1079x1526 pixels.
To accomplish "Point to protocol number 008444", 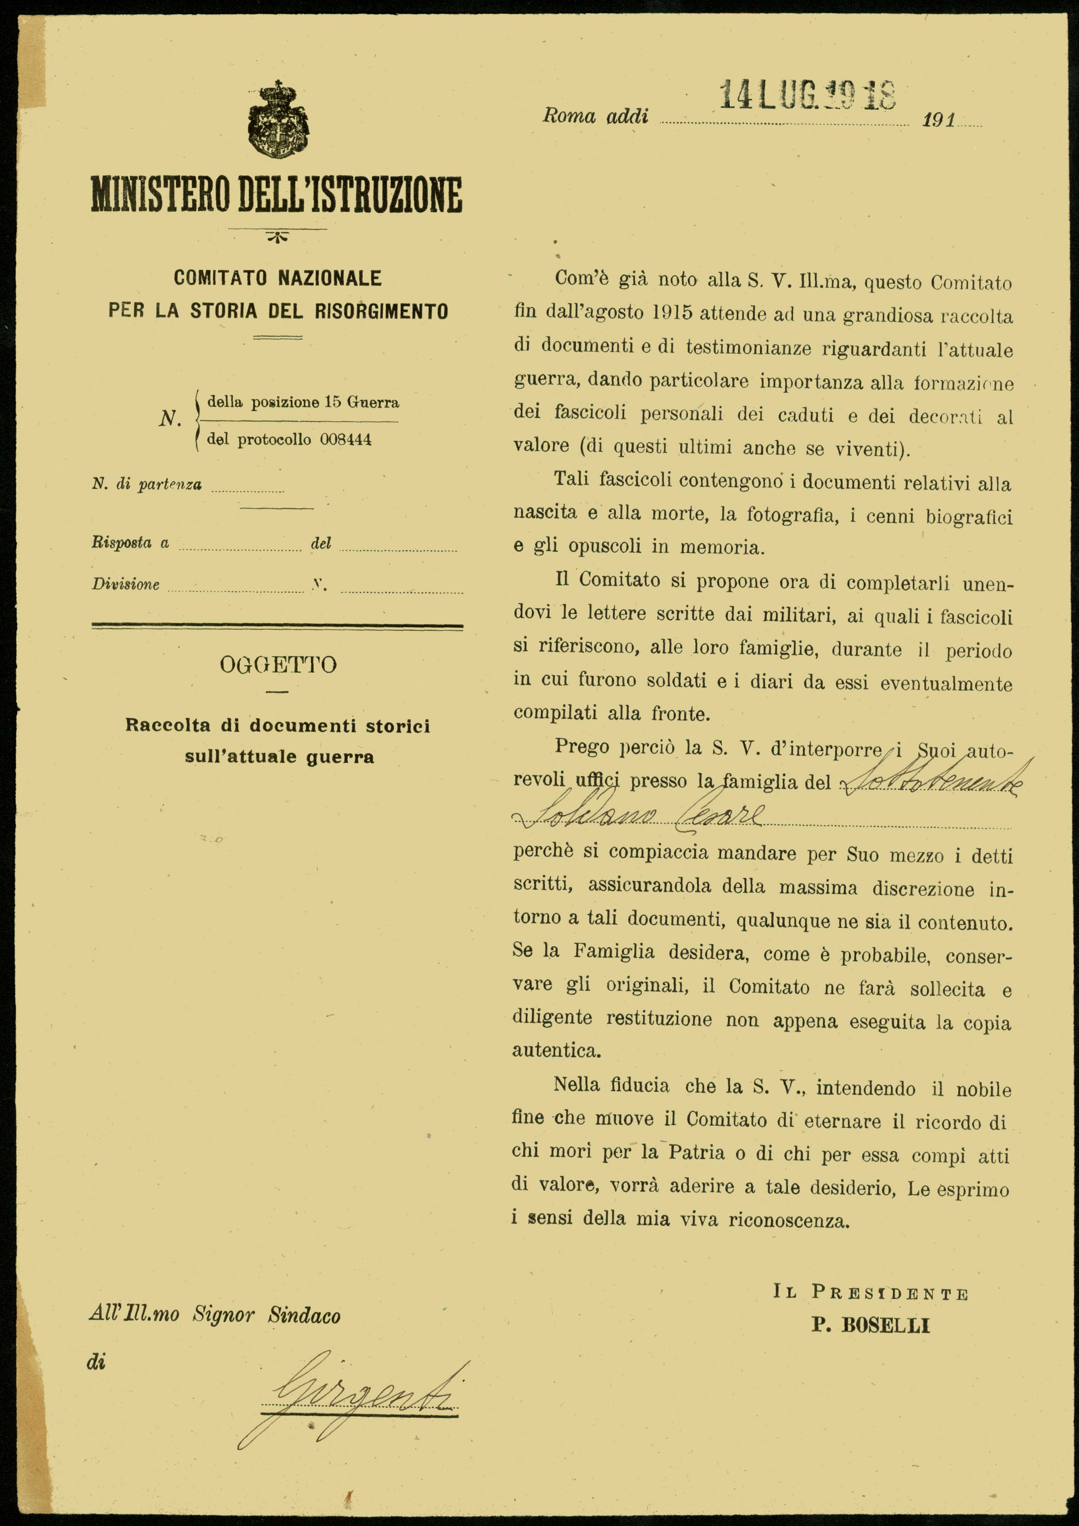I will pyautogui.click(x=346, y=439).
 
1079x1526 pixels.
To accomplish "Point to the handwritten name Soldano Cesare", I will pyautogui.click(x=638, y=816).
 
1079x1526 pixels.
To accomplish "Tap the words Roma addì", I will pyautogui.click(x=595, y=116).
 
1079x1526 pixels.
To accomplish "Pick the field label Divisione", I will pyautogui.click(x=126, y=584).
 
